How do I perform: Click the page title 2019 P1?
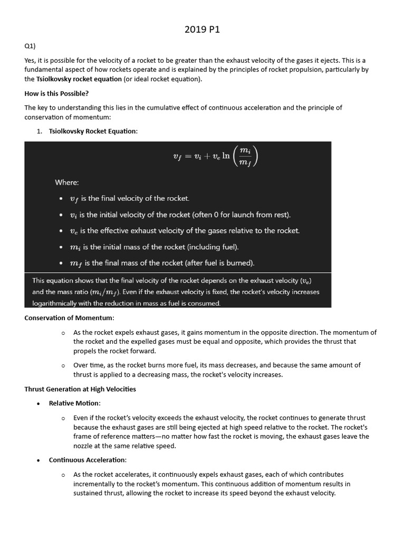tap(202, 30)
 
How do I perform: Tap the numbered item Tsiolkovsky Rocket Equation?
tap(93, 131)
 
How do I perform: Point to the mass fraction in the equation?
tap(245, 157)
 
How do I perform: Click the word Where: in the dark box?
tap(67, 182)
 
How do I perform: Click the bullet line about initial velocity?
tap(180, 215)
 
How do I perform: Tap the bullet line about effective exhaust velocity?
tap(185, 230)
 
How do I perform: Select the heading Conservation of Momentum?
tap(69, 317)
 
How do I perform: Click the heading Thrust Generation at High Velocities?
tap(80, 389)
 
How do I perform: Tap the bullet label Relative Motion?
tap(74, 403)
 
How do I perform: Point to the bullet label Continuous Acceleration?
tap(88, 460)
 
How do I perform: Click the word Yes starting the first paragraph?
tap(30, 61)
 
